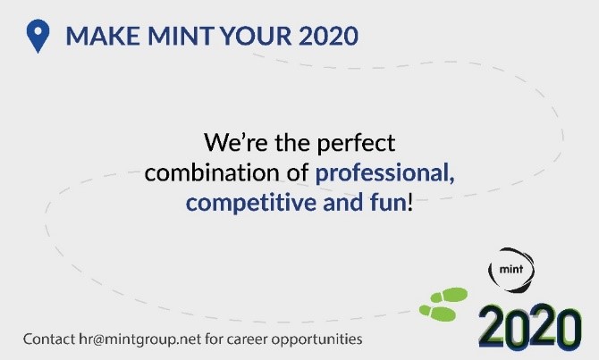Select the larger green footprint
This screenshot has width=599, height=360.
tap(451, 294)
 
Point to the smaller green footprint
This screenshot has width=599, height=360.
tap(432, 311)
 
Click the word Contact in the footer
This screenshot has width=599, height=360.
tap(49, 339)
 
